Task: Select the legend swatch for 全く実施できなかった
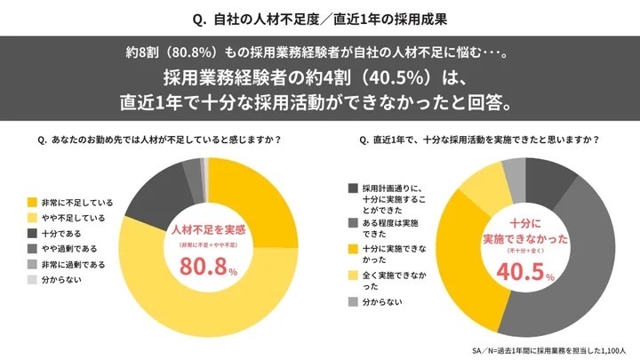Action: pyautogui.click(x=353, y=277)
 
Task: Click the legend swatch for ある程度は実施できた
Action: pyautogui.click(x=353, y=220)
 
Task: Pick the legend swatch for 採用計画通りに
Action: pyautogui.click(x=353, y=188)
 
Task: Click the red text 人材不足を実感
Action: pyautogui.click(x=209, y=229)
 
